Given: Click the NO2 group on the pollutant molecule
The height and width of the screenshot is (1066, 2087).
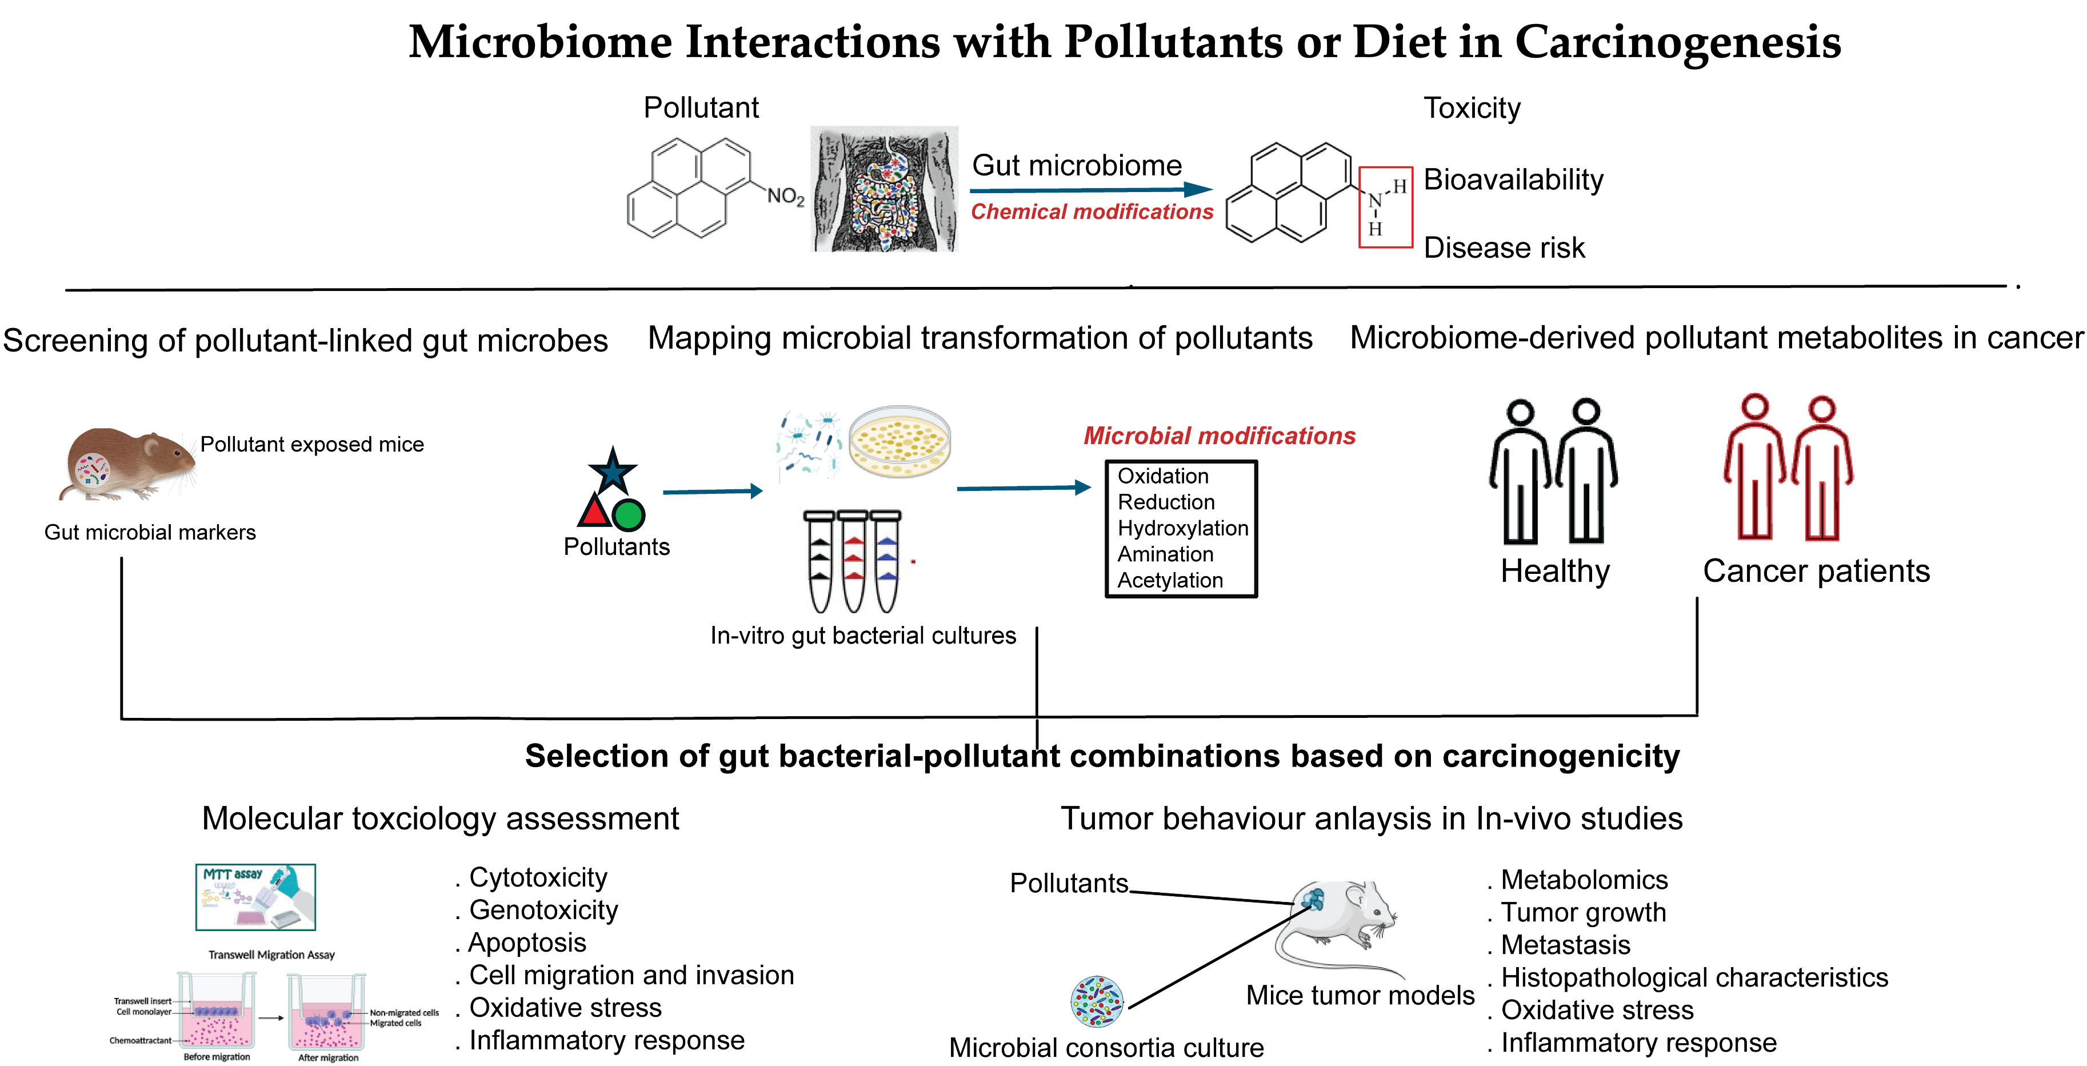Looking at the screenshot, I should point(785,196).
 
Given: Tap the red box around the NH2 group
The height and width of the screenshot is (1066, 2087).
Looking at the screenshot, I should point(1385,207).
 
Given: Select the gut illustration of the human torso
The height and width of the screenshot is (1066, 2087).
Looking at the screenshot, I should point(884,189).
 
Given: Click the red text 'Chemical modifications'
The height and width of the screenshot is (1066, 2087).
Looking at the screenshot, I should point(1092,212).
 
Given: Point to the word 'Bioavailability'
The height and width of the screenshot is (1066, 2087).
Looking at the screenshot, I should point(1513,179).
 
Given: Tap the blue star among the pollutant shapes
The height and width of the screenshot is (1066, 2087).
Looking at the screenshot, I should point(613,470).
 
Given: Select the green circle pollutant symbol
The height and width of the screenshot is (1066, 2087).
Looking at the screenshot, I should point(629,515).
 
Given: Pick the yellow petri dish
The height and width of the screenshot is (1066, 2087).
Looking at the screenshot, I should point(900,441).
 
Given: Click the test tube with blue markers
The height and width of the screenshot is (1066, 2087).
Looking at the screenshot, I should point(886,561).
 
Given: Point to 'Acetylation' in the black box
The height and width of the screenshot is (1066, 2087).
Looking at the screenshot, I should point(1169,581).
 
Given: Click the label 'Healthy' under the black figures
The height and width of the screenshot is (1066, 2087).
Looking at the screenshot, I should point(1555,571).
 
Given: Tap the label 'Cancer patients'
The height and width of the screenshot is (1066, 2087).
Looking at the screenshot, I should point(1816,571).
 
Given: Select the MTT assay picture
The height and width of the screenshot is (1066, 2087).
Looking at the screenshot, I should point(256,897).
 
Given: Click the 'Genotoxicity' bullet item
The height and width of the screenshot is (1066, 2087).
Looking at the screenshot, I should point(543,911).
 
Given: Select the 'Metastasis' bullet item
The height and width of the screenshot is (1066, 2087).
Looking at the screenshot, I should point(1565,945).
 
